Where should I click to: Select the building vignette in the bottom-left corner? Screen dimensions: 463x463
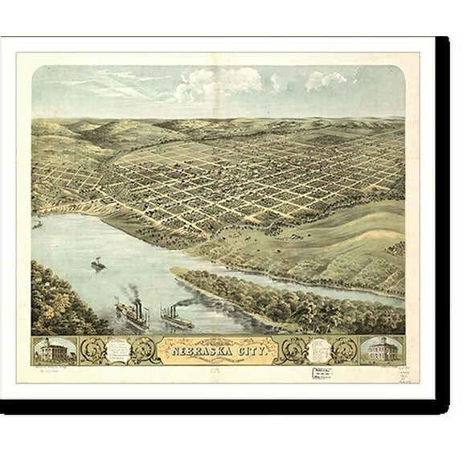point(55,350)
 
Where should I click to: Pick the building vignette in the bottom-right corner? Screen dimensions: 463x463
point(382,350)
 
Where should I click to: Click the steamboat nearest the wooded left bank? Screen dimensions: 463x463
point(133,313)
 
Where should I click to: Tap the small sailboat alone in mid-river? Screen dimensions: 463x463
point(98,264)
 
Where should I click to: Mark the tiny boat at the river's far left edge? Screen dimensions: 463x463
point(37,223)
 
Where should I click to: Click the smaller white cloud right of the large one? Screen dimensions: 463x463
point(325,80)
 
